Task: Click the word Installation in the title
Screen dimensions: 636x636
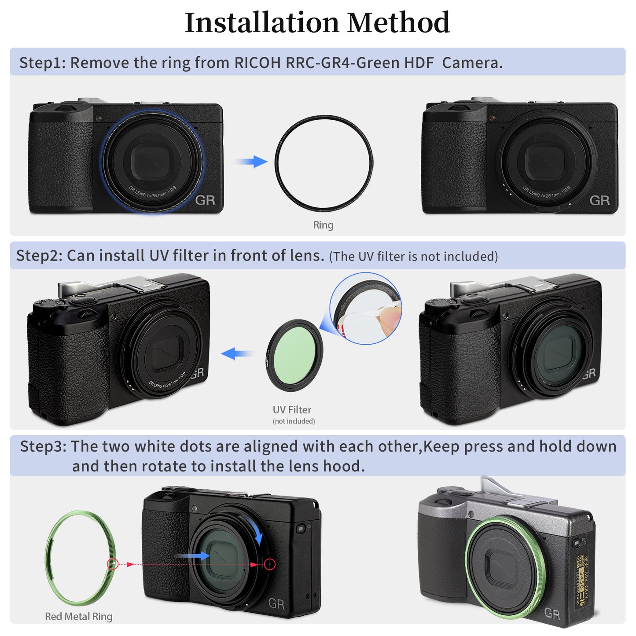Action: pos(262,23)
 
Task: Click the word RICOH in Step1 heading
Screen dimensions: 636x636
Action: pos(257,63)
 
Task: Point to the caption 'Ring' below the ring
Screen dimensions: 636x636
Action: pos(323,225)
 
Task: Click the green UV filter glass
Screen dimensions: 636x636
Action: pos(294,355)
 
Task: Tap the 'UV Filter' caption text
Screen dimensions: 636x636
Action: pos(292,410)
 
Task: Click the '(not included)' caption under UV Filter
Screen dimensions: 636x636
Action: pos(294,421)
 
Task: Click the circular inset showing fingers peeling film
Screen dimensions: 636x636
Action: pos(366,308)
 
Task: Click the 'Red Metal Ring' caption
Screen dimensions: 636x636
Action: pos(79,616)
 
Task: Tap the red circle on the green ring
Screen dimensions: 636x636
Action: pos(113,564)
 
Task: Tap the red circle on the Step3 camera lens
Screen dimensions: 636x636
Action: pos(270,564)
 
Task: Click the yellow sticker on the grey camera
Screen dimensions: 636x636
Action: pos(581,580)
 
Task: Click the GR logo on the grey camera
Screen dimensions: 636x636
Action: pos(552,613)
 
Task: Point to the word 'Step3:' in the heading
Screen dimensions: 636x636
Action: pos(43,446)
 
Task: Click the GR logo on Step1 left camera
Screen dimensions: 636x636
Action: pos(205,200)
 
